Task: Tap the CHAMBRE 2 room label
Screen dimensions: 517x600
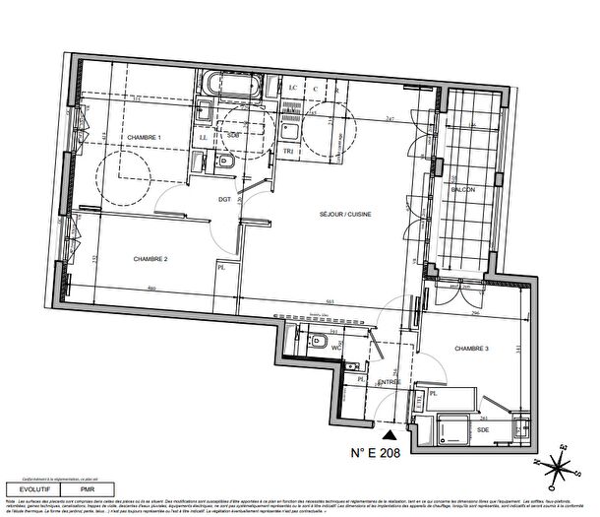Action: [x=151, y=258]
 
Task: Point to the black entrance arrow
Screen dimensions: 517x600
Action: [x=390, y=434]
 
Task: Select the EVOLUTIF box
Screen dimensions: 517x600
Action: [x=30, y=486]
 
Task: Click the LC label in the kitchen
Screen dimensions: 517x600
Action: [x=292, y=88]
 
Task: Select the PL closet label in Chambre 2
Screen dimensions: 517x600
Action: [x=222, y=267]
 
